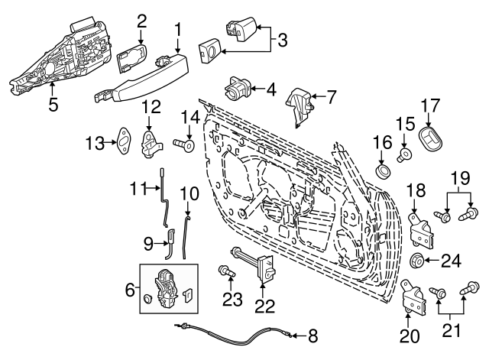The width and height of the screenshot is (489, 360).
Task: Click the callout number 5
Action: [x=53, y=105]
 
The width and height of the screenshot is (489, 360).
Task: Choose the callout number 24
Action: [x=452, y=261]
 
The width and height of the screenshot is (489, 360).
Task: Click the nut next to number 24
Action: [x=419, y=261]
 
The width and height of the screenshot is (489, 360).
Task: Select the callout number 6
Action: [x=129, y=289]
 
